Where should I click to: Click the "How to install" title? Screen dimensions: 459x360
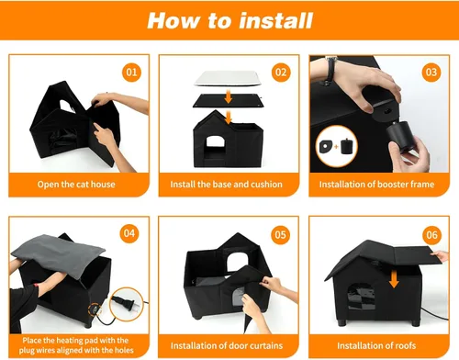(229, 20)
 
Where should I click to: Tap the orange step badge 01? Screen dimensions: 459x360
(131, 73)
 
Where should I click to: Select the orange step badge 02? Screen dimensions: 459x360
(281, 73)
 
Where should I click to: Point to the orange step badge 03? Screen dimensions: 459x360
(431, 73)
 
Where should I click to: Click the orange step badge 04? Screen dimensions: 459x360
(129, 233)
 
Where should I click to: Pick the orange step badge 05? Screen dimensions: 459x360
(280, 235)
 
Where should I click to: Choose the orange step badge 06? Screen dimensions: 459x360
(431, 235)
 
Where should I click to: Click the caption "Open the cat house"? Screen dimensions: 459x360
(76, 185)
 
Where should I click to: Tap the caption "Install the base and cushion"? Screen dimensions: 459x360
(226, 185)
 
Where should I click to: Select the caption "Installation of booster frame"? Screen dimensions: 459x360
(376, 185)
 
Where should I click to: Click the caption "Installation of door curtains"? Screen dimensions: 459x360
(227, 345)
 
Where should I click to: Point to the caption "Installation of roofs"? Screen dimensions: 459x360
(376, 345)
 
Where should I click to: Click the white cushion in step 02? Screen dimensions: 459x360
(228, 78)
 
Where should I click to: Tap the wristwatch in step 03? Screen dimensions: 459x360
(330, 71)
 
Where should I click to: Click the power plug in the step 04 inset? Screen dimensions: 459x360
(127, 303)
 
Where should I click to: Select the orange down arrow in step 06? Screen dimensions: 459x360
(394, 279)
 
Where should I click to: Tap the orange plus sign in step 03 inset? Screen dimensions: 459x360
(336, 146)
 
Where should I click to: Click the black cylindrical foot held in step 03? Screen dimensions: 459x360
(398, 135)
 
